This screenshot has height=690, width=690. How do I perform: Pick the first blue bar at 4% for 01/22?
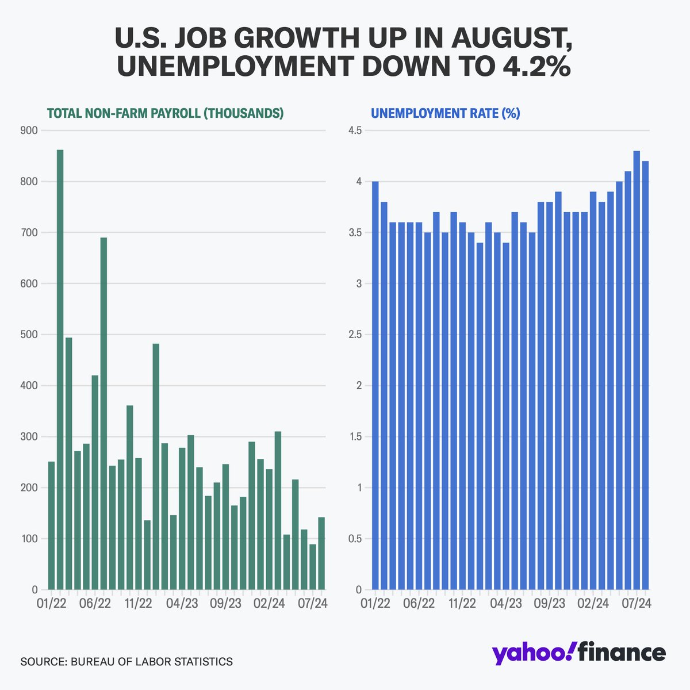[x=375, y=385]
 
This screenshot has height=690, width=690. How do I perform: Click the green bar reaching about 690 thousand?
[x=103, y=414]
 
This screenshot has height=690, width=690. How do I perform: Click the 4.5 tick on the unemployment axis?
[x=354, y=131]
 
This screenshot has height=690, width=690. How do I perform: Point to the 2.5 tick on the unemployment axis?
[x=354, y=335]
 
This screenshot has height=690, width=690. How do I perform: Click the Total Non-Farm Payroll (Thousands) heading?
[x=165, y=113]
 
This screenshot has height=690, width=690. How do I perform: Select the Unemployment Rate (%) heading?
[x=445, y=113]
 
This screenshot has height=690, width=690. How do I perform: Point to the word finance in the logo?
[x=621, y=653]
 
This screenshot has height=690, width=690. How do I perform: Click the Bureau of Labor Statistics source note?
[x=126, y=662]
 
